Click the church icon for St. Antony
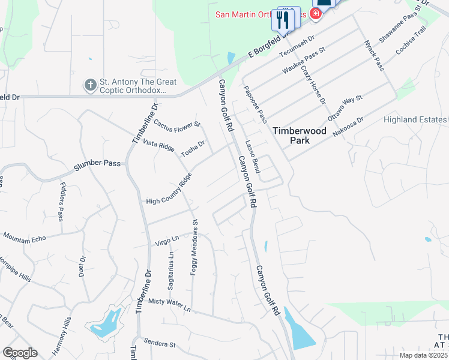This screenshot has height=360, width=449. (x=90, y=85)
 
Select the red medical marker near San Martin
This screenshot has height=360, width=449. (x=315, y=13)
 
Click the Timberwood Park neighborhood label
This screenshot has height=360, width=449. (x=291, y=135)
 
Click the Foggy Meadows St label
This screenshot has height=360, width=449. (x=194, y=247)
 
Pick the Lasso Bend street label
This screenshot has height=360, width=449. (x=252, y=157)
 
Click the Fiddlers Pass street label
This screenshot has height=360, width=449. (x=62, y=202)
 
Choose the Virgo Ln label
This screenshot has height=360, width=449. (x=167, y=239)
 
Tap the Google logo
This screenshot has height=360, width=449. (x=19, y=352)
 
